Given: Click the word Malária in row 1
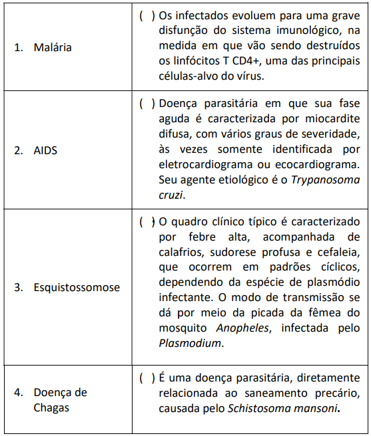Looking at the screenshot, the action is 53,48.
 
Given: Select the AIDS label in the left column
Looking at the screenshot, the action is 45,150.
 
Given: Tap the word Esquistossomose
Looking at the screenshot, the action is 77,288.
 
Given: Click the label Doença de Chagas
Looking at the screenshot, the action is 60,399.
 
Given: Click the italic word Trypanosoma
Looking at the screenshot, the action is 326,180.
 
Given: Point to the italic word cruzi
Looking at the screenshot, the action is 170,195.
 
